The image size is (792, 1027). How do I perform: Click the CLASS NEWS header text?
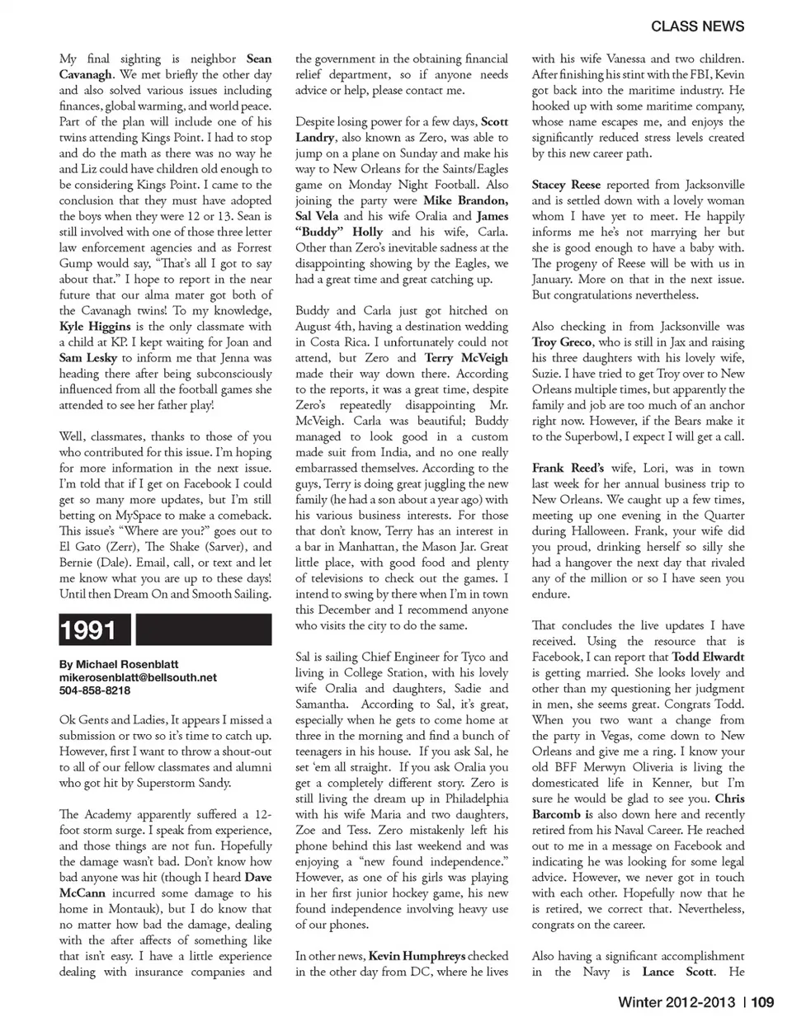coord(697,26)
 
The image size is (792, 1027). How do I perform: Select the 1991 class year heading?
coord(88,630)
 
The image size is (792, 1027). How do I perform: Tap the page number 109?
coord(762,1002)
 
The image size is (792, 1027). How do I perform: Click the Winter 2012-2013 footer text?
coord(677,1002)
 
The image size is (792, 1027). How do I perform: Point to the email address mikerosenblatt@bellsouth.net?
coord(138,677)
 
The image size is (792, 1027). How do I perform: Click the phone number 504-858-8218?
coord(94,690)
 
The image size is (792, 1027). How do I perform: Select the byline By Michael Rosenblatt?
coord(119,664)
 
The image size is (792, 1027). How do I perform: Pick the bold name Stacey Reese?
coord(566,185)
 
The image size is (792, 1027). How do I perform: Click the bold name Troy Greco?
coord(562,342)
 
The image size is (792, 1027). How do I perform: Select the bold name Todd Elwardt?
coord(708,657)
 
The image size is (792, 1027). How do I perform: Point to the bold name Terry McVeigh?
coord(467,358)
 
